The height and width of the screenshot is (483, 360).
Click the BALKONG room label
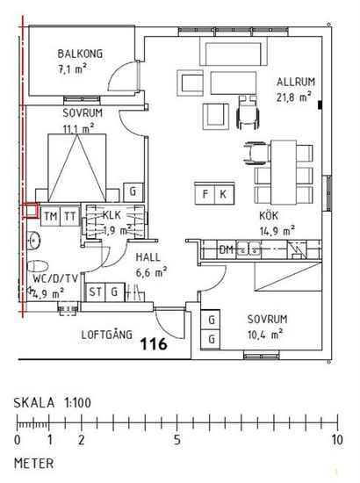tap(80, 54)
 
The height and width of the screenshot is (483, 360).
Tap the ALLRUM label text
tap(296, 82)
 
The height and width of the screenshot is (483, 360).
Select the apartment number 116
tap(154, 343)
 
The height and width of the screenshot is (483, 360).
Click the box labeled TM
tap(50, 216)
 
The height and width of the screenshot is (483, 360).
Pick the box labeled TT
tap(69, 216)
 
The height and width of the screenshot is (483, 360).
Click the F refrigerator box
tap(205, 194)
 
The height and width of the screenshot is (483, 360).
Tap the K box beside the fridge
tap(224, 194)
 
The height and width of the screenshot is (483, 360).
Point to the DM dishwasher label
tap(226, 249)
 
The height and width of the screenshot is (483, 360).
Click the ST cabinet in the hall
tap(95, 292)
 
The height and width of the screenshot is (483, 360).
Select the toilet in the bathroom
tap(38, 266)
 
